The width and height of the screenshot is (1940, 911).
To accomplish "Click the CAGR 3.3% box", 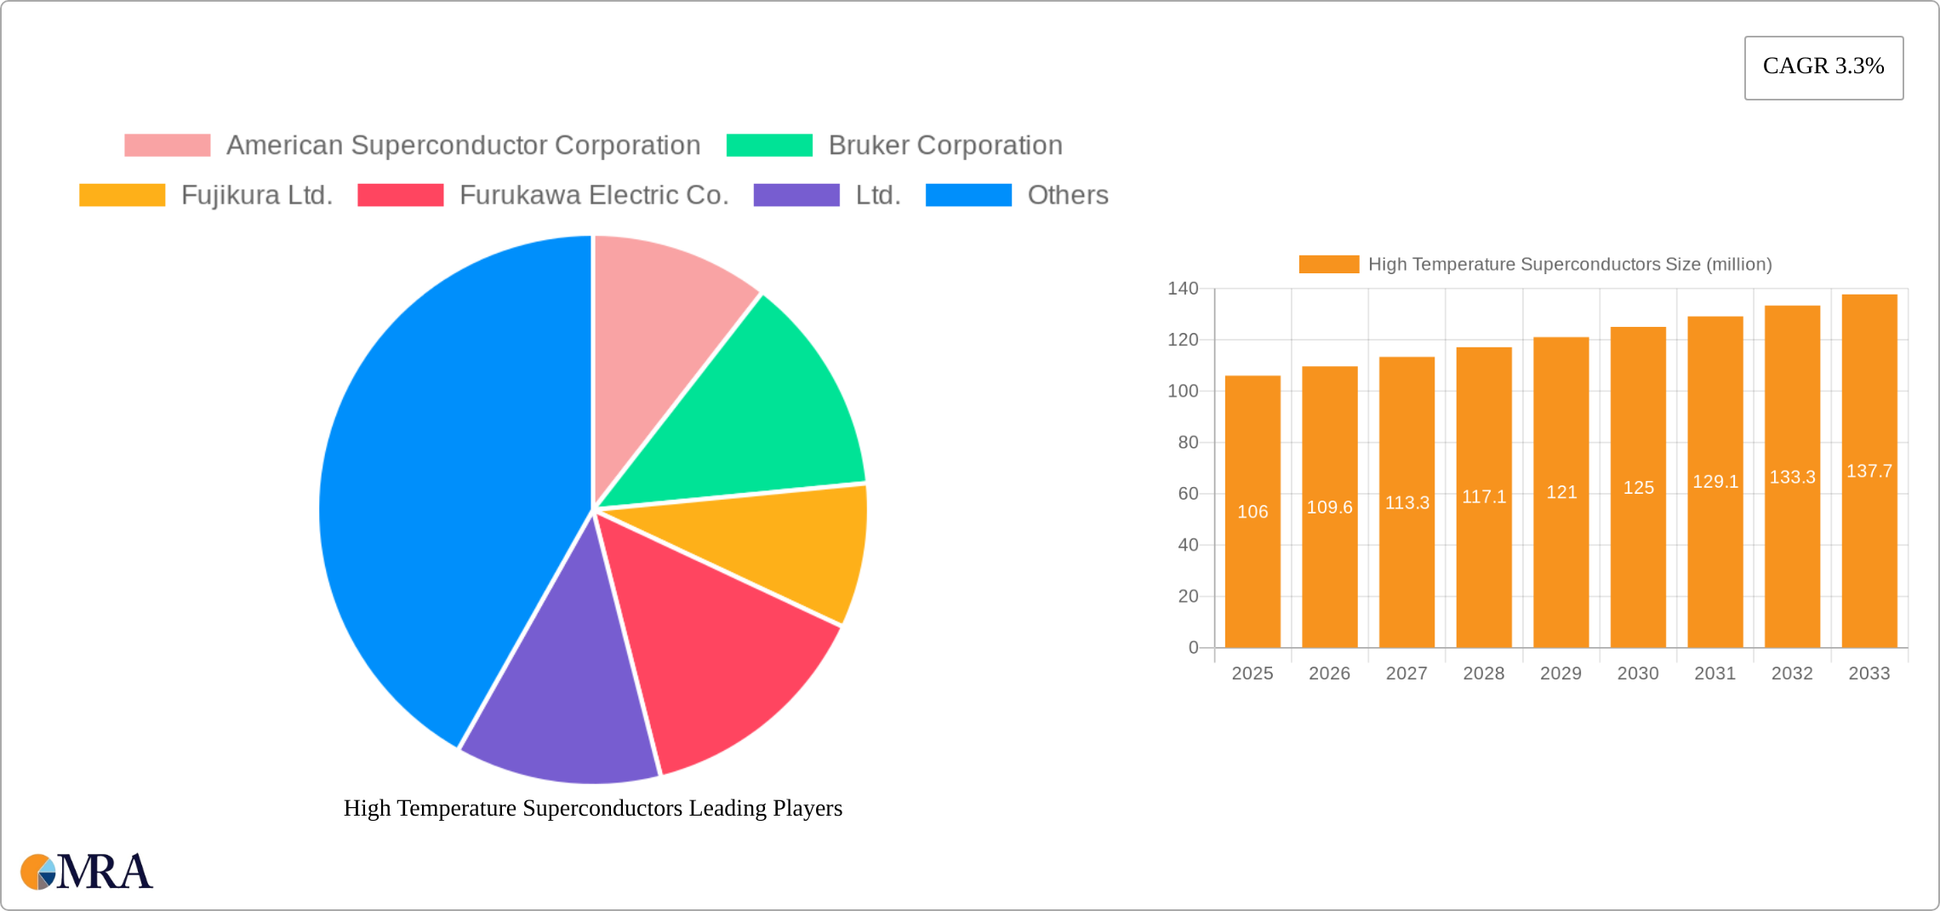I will pyautogui.click(x=1823, y=67).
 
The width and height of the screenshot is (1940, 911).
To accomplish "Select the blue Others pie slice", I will pyautogui.click(x=442, y=494).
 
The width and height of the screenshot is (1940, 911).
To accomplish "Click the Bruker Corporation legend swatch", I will pyautogui.click(x=769, y=146).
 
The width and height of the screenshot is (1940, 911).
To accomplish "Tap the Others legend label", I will pyautogui.click(x=1068, y=195).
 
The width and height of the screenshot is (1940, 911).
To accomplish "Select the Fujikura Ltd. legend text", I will pyautogui.click(x=257, y=195).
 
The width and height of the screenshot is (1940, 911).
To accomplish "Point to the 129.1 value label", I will pyautogui.click(x=1715, y=482).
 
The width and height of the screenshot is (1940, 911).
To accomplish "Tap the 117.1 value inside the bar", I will pyautogui.click(x=1484, y=496).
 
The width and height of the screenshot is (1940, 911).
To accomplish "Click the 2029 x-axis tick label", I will pyautogui.click(x=1561, y=673).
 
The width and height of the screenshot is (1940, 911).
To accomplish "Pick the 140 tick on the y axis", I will pyautogui.click(x=1183, y=289).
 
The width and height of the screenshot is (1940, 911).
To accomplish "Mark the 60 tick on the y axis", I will pyautogui.click(x=1188, y=494).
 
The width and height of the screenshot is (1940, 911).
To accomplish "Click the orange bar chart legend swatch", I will pyautogui.click(x=1328, y=265).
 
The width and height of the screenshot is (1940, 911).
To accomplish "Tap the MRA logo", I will pyautogui.click(x=87, y=871).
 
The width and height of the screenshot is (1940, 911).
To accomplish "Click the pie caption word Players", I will pyautogui.click(x=807, y=808).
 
